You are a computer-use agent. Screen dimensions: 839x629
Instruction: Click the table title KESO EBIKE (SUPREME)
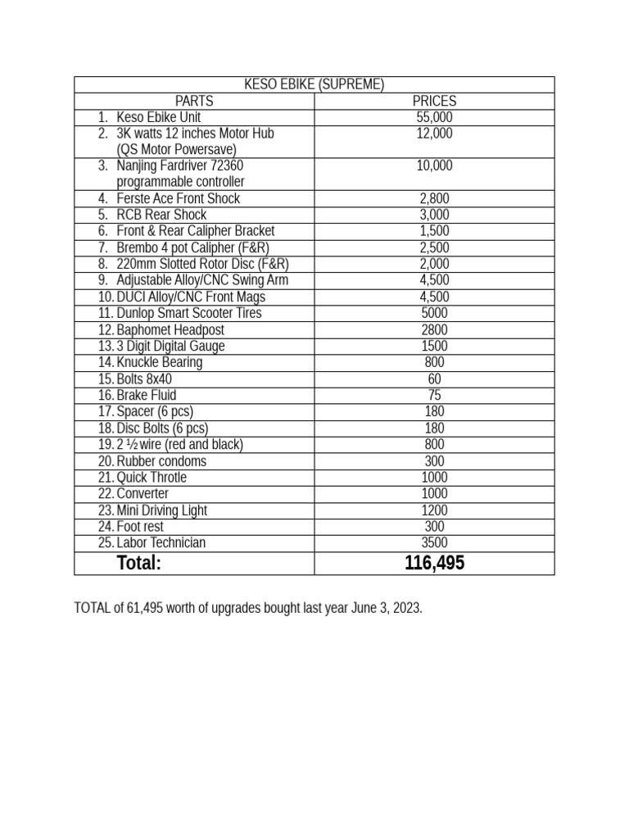314,84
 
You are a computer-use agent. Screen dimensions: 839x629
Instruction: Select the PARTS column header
194,101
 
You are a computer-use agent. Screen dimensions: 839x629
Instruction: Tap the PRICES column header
434,101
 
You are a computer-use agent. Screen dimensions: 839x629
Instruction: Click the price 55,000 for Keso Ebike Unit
434,117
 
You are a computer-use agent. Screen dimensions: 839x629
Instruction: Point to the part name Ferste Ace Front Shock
179,198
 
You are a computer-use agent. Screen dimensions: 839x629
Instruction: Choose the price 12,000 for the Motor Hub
434,134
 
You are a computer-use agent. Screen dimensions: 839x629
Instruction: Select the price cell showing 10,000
434,166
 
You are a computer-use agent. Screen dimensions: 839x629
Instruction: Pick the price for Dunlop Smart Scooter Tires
434,313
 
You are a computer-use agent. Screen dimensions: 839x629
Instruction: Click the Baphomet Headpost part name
170,329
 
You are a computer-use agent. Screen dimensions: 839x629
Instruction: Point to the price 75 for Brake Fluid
434,395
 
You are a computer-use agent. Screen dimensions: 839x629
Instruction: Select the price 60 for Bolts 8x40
434,379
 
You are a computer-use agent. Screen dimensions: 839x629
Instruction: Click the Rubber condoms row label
161,460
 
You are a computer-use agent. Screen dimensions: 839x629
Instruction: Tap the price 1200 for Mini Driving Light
434,510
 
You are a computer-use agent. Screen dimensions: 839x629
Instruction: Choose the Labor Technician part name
161,542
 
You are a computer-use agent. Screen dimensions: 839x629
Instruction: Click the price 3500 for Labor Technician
434,542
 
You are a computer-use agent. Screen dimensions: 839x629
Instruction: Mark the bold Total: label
139,563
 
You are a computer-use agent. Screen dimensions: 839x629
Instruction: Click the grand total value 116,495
434,563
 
